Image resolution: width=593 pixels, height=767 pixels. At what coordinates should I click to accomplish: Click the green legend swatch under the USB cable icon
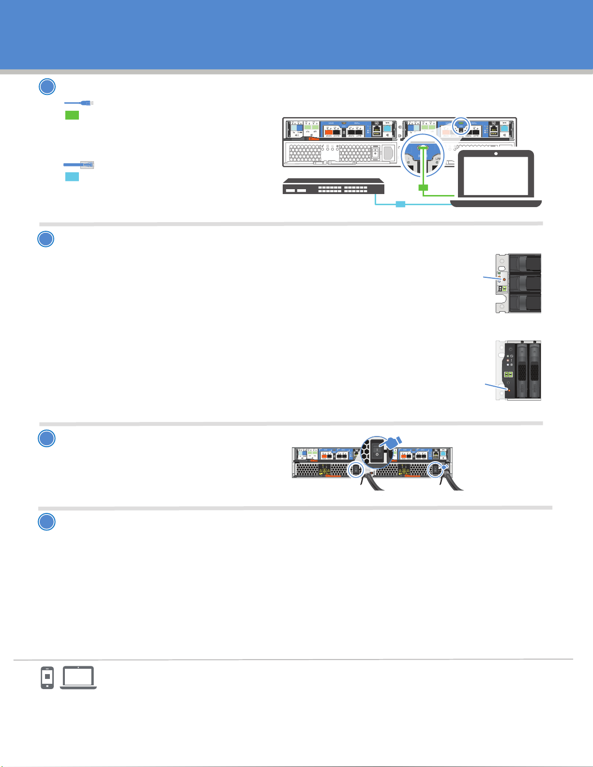click(x=72, y=115)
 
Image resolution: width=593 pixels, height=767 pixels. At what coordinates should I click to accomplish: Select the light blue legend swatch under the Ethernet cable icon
click(x=72, y=177)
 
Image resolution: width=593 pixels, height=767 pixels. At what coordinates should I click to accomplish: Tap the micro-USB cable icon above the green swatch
click(x=79, y=103)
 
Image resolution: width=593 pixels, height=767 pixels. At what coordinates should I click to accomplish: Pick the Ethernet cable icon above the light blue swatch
click(x=79, y=165)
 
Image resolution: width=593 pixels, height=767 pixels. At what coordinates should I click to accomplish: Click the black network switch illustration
click(x=334, y=186)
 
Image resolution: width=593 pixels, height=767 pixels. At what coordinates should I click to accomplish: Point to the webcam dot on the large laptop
click(x=496, y=154)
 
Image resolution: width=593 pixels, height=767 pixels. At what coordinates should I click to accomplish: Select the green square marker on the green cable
click(x=423, y=187)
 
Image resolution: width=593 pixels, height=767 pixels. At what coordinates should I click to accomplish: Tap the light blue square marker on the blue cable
click(x=400, y=204)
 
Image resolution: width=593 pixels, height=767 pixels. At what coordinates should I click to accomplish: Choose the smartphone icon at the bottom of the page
click(x=47, y=677)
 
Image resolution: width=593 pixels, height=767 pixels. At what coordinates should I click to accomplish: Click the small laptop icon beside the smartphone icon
click(x=78, y=677)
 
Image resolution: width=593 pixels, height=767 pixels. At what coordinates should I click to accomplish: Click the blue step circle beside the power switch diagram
click(x=46, y=438)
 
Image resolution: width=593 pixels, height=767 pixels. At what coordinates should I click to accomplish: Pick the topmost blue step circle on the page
click(x=46, y=87)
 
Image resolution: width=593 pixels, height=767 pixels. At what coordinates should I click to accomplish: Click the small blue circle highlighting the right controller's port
click(x=461, y=126)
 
